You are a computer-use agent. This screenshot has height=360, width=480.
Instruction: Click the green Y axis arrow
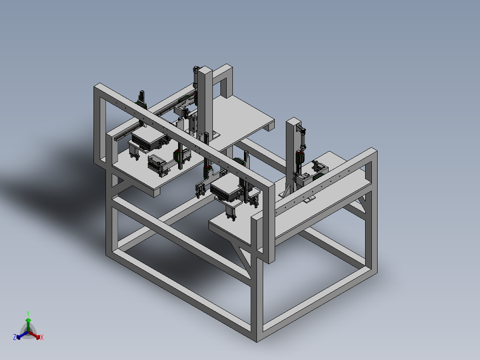pos(28,324)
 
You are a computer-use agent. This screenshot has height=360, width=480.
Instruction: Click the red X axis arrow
pos(34,335)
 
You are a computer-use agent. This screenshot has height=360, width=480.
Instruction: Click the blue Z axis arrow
pos(22,335)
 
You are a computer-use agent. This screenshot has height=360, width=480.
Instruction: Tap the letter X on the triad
pos(42,337)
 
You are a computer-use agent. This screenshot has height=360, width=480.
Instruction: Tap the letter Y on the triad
pos(28,314)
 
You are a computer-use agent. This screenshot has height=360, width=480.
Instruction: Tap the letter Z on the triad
pos(14,337)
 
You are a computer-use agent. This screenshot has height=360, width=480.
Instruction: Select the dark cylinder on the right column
pos(302,139)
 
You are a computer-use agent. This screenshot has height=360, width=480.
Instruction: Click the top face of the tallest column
pos(205,70)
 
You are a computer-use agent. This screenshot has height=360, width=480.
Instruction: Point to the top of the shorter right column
pos(293,121)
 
